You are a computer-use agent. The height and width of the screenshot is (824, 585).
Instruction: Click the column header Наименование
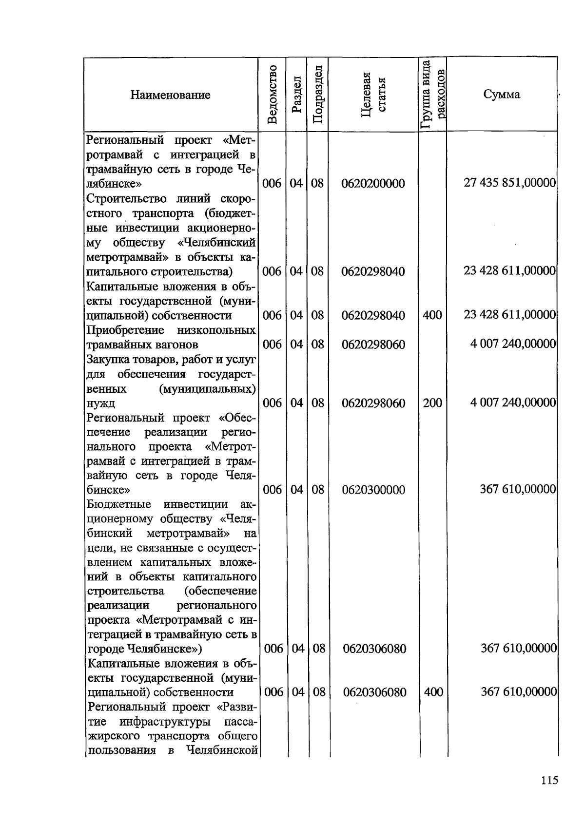pos(170,95)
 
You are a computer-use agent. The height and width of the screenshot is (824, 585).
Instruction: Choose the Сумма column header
pos(502,95)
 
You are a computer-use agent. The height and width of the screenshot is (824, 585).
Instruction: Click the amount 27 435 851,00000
pos(509,183)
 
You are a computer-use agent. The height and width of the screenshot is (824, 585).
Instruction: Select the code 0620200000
pos(373,184)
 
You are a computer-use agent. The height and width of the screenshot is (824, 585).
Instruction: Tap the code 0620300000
pos(373,490)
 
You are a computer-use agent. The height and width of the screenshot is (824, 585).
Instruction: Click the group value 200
pos(432,402)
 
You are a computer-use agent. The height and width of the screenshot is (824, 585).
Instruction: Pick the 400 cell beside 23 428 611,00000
pos(432,315)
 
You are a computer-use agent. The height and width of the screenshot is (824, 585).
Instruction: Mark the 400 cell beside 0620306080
pos(433,692)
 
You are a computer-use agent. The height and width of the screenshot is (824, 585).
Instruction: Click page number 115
pos(549,780)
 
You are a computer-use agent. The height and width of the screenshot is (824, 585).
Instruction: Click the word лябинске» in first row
pos(114,184)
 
